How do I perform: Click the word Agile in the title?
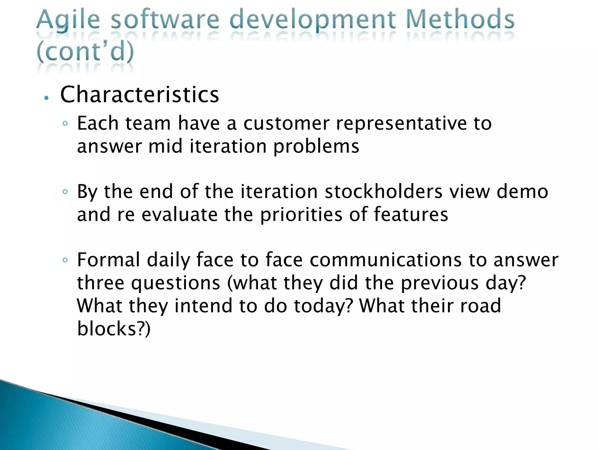coord(68,20)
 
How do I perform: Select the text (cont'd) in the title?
coord(85,52)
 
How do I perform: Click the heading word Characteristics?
coord(140,94)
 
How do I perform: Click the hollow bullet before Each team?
coord(65,123)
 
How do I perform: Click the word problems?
coord(316,146)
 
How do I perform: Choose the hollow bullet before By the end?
coord(65,192)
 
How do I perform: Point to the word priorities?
coord(301,214)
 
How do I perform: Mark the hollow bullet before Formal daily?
coord(65,260)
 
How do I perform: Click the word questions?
coord(175,283)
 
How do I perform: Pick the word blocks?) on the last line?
coord(114,328)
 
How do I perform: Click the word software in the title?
coord(165,20)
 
